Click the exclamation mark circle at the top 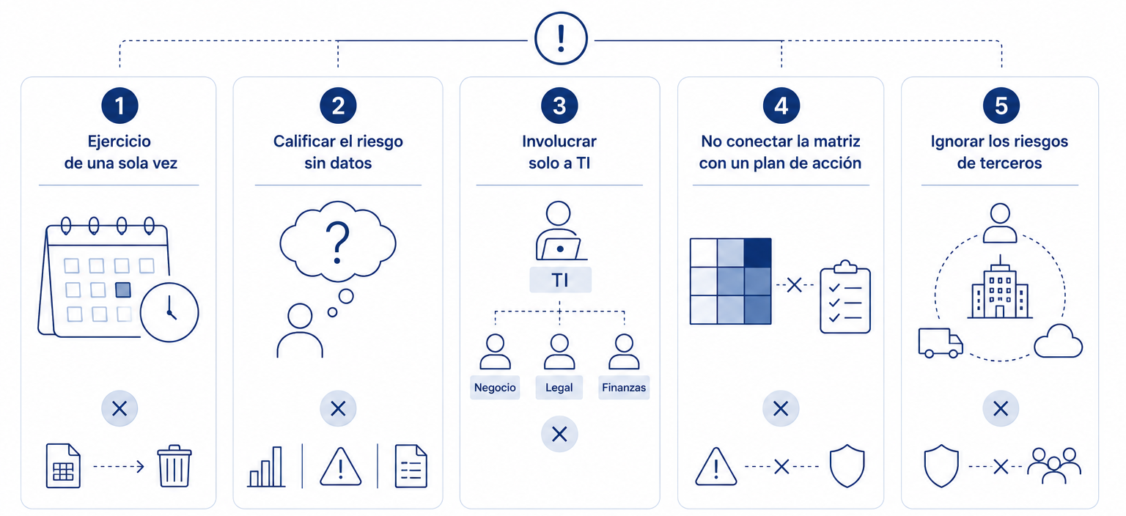561,38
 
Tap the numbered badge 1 119,106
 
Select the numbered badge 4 781,106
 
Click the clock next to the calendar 169,312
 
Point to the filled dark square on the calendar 123,290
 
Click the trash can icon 174,465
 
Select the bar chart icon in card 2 266,466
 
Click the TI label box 560,280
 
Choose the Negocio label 495,388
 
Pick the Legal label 559,388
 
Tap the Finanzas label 624,388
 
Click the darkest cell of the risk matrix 757,253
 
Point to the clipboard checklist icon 845,297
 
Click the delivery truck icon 941,343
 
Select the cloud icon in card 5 1058,341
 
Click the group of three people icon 1054,465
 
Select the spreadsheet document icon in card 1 63,465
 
